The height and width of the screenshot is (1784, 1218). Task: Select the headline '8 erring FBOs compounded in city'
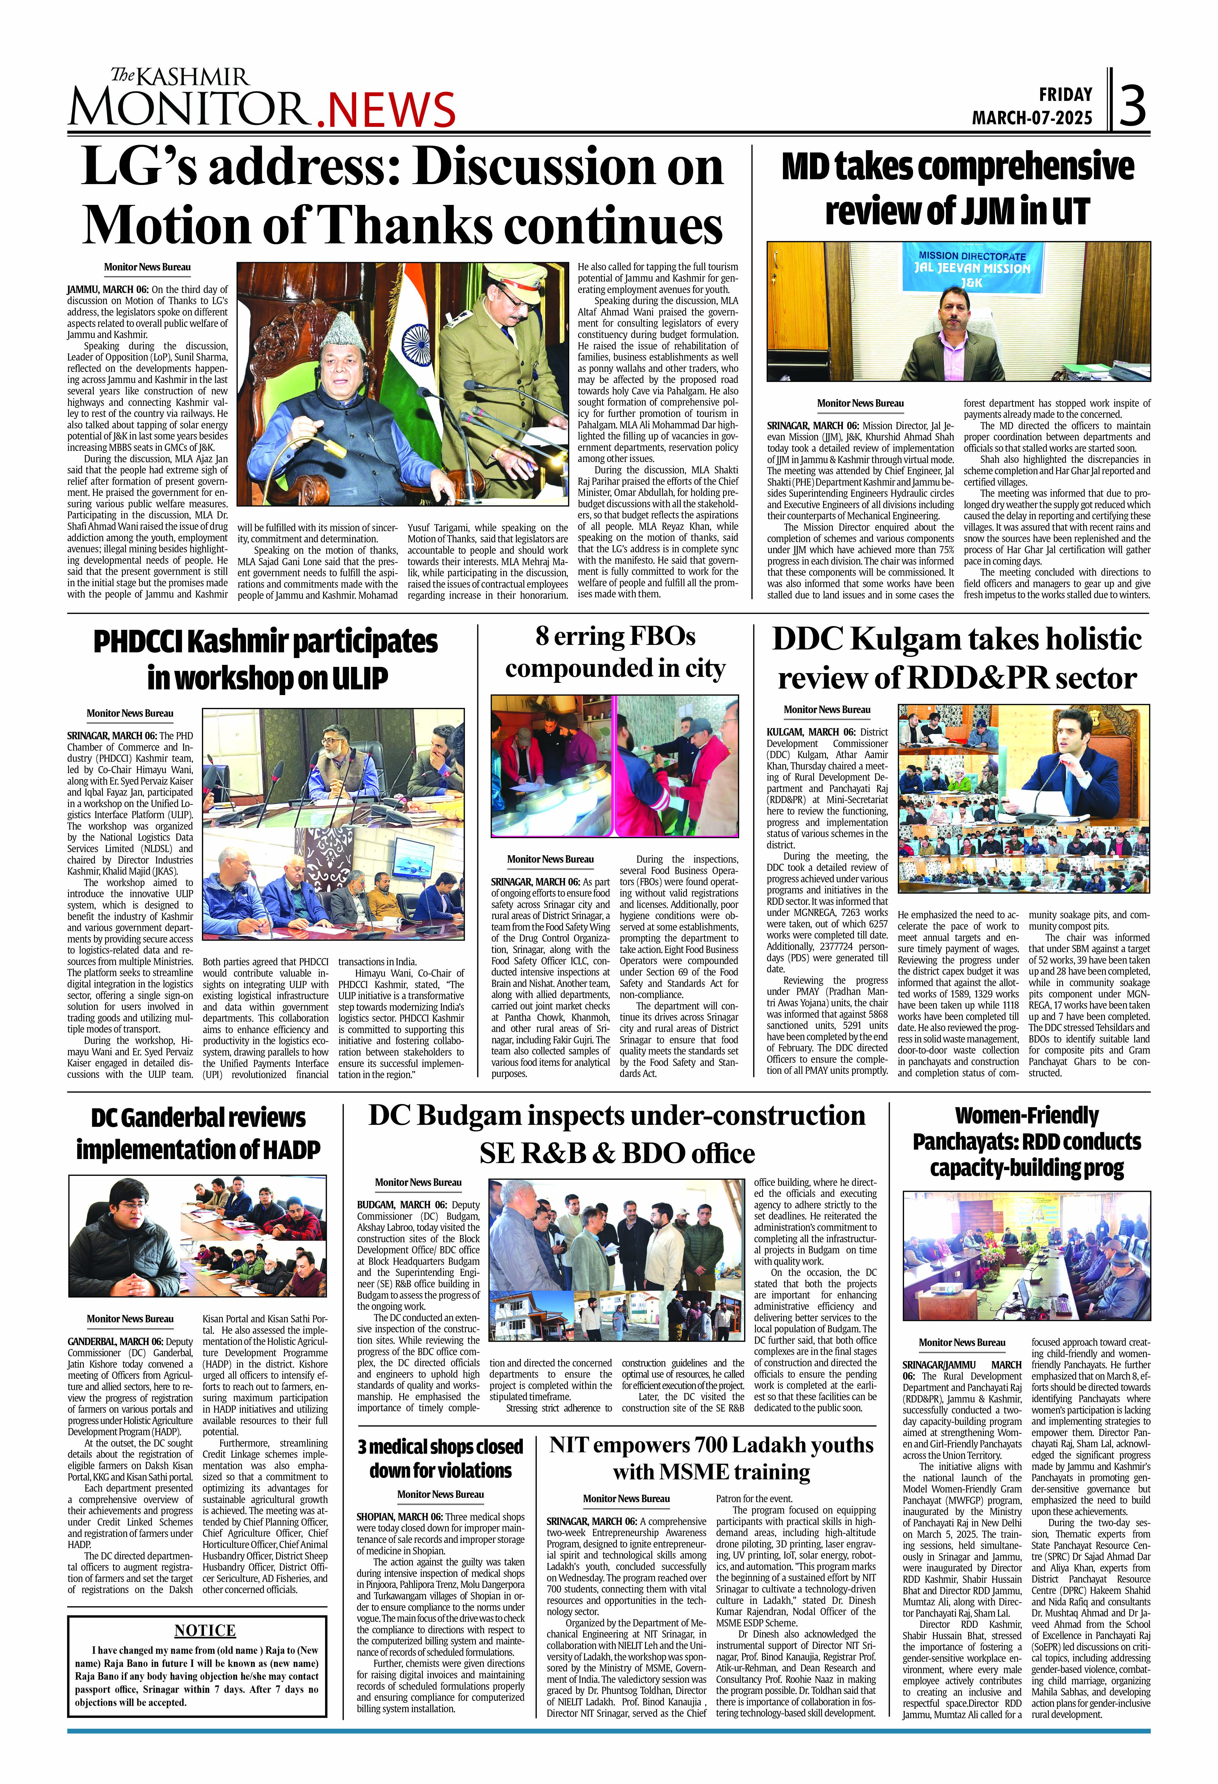point(615,653)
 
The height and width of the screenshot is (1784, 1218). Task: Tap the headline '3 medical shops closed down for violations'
point(440,1458)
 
